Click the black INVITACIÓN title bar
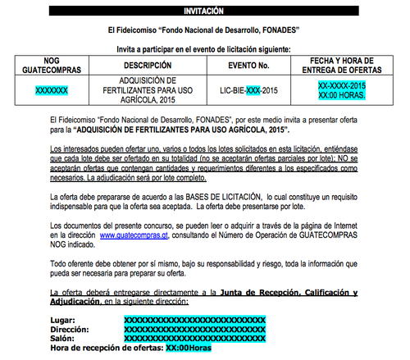[x=204, y=11]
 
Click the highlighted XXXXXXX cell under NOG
[x=52, y=90]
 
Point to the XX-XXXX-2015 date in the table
[x=342, y=85]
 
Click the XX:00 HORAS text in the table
[x=342, y=96]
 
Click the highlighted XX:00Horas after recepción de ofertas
[x=189, y=348]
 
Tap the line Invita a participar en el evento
[x=204, y=49]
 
